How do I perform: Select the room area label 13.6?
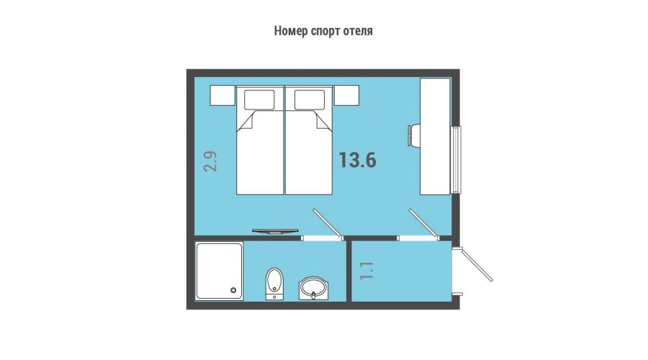pyautogui.click(x=357, y=160)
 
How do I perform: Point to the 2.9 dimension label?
pyautogui.click(x=210, y=161)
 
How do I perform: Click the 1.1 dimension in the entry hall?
pyautogui.click(x=366, y=271)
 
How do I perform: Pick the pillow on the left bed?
pyautogui.click(x=259, y=99)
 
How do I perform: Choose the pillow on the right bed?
pyautogui.click(x=310, y=99)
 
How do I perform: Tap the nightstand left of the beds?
pyautogui.click(x=222, y=96)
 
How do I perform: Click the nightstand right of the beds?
pyautogui.click(x=346, y=96)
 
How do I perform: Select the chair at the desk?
pyautogui.click(x=414, y=135)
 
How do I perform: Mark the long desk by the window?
pyautogui.click(x=435, y=136)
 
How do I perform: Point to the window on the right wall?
pyautogui.click(x=456, y=160)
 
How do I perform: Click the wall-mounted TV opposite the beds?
pyautogui.click(x=275, y=231)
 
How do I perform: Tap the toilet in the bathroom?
pyautogui.click(x=274, y=284)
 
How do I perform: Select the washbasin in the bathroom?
pyautogui.click(x=314, y=288)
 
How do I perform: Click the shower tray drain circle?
pyautogui.click(x=234, y=290)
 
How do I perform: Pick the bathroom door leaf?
pyautogui.click(x=328, y=224)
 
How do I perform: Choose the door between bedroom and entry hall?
pyautogui.click(x=424, y=224)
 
